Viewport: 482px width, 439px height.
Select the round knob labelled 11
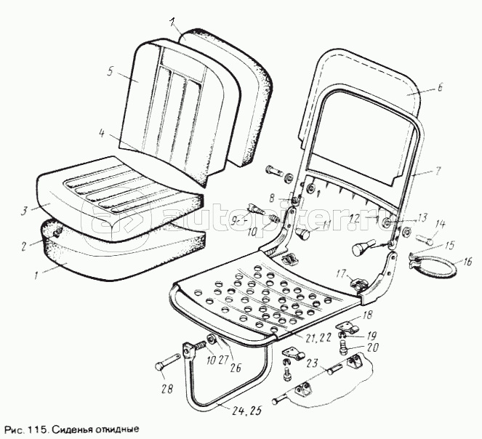click(x=304, y=235)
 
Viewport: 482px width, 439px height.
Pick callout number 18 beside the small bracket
click(x=366, y=315)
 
